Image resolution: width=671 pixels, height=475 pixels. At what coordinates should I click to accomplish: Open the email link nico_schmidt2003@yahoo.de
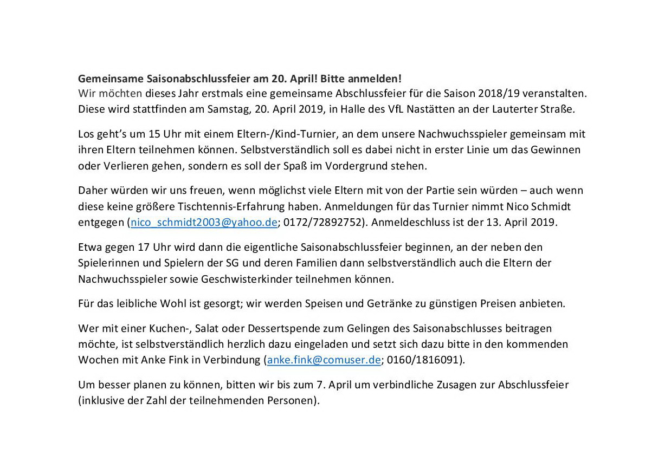(204, 222)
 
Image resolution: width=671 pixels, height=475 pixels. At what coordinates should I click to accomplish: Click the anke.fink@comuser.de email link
(324, 360)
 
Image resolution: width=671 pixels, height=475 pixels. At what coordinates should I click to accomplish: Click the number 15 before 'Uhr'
(154, 134)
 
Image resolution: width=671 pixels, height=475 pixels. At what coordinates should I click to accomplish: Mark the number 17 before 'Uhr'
(144, 247)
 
